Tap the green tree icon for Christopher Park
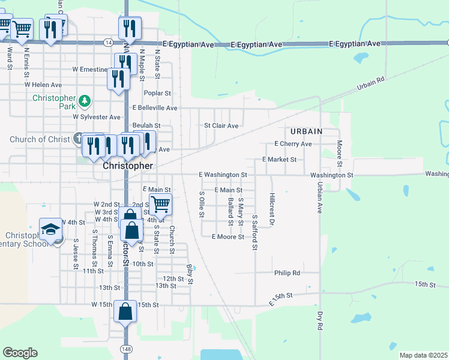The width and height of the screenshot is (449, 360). pyautogui.click(x=85, y=100)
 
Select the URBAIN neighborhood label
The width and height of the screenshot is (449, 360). pyautogui.click(x=306, y=131)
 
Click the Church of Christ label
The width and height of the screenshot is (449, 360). pyautogui.click(x=36, y=140)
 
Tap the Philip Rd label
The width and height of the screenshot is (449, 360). pyautogui.click(x=287, y=273)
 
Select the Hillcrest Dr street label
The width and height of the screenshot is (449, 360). pyautogui.click(x=272, y=209)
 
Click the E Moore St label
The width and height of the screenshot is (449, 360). pyautogui.click(x=228, y=237)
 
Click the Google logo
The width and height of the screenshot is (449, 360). pyautogui.click(x=20, y=353)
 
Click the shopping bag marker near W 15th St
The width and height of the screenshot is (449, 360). pyautogui.click(x=125, y=312)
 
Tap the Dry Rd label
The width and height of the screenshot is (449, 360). pyautogui.click(x=320, y=320)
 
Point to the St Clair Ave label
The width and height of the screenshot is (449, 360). pyautogui.click(x=221, y=126)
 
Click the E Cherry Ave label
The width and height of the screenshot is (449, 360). pyautogui.click(x=293, y=144)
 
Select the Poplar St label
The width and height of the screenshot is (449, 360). pyautogui.click(x=158, y=94)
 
